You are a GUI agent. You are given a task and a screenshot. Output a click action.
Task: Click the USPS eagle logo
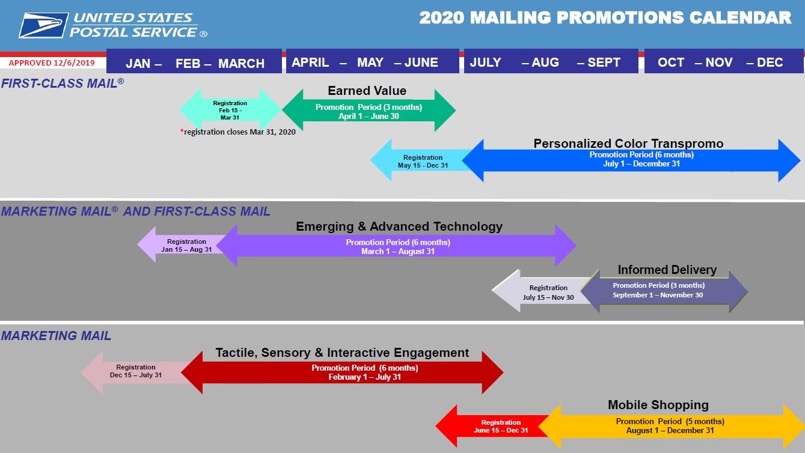coord(43,25)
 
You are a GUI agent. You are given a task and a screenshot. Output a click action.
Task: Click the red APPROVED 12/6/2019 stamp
coord(52,63)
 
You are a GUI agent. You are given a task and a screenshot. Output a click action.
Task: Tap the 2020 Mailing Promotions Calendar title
coord(605,17)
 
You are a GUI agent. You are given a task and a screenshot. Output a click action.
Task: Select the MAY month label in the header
coord(370,62)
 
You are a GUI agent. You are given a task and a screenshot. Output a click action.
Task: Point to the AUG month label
coord(545,62)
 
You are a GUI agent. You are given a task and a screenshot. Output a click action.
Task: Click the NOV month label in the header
coord(719,62)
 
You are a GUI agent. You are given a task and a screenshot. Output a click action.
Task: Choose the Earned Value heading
coord(367,91)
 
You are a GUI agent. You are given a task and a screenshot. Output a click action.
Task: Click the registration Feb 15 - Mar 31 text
coord(230,111)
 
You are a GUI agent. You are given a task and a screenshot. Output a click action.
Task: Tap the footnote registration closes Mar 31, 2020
coord(238,132)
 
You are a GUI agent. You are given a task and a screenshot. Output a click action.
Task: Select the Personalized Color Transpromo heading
coord(628,144)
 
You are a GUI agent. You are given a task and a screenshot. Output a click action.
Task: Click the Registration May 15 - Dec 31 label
coord(423,161)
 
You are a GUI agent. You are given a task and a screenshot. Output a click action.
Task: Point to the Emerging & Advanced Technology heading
coord(399,227)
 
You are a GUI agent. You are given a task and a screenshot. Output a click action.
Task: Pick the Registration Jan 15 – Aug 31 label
coord(186,245)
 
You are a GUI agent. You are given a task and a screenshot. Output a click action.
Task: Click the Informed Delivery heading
coord(667,269)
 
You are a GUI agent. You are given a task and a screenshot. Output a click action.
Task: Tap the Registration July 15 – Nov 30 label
coord(548,293)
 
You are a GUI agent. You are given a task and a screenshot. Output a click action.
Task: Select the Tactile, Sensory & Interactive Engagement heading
coord(342,353)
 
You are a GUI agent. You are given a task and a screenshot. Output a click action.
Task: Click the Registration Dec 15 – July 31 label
coord(136,371)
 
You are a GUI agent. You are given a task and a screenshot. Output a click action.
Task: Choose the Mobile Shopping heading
coord(658,404)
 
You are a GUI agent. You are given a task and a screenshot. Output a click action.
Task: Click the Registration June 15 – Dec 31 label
coord(501,427)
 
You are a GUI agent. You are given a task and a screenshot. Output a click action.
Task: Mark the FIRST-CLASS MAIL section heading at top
coord(63,83)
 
